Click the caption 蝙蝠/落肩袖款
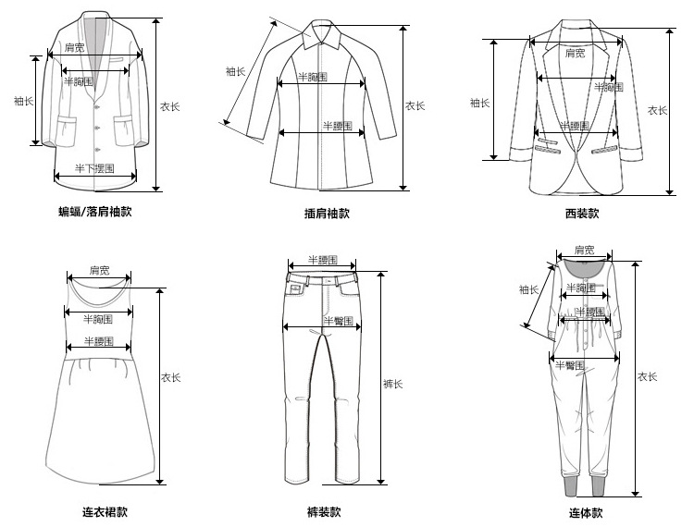(95, 212)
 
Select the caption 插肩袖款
(327, 214)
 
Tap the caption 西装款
(581, 214)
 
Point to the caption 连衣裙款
(105, 511)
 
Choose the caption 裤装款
(324, 511)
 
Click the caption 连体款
(586, 512)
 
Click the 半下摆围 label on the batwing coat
(94, 168)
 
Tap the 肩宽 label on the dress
(99, 271)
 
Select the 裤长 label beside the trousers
(391, 383)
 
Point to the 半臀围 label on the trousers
(336, 320)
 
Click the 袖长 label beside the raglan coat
(236, 71)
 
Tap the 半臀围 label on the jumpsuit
(569, 365)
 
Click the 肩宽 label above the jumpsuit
(584, 250)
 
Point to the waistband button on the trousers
(322, 276)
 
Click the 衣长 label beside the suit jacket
(657, 110)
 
